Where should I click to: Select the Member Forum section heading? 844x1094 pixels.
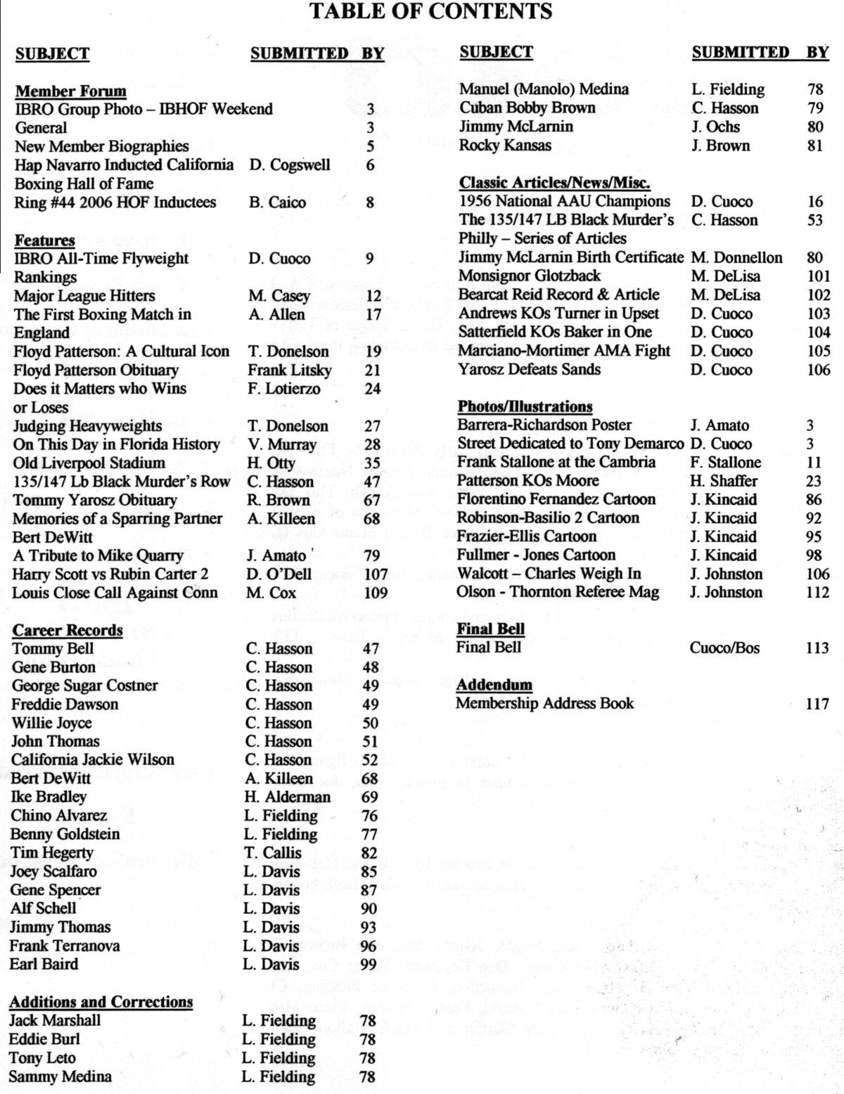point(71,91)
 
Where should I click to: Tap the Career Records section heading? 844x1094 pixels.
point(68,630)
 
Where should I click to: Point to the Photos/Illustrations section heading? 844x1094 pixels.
point(525,407)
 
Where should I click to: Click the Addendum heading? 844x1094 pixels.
point(494,685)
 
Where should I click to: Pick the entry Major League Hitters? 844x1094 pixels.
point(84,296)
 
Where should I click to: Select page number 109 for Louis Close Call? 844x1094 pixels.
point(376,593)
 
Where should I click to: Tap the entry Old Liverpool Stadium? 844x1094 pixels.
point(89,463)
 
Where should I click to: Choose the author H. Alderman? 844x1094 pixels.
point(287,797)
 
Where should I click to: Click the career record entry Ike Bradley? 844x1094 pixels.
point(49,797)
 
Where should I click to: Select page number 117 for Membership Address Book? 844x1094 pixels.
point(817,704)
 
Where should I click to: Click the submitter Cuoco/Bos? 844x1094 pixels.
point(724,648)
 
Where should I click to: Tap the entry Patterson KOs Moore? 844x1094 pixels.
point(527,481)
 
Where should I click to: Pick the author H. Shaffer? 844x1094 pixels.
point(724,481)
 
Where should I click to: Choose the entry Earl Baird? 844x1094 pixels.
point(44,964)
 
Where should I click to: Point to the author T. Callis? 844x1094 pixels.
point(272,853)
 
